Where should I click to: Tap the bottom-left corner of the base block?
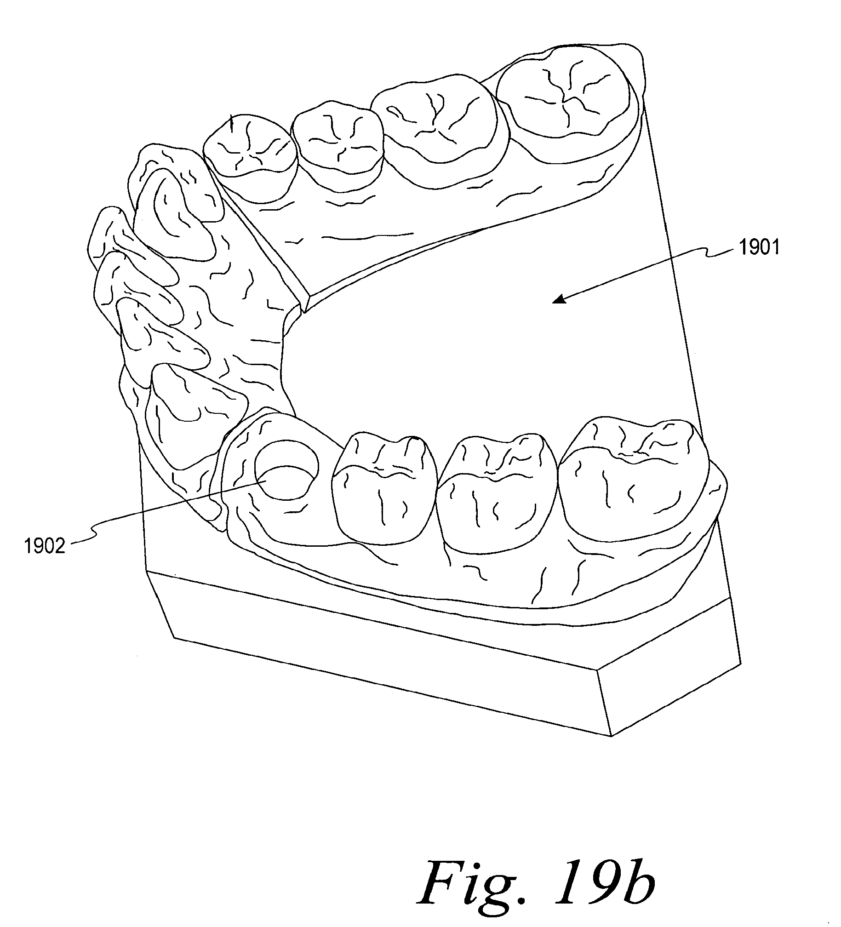(x=175, y=637)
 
